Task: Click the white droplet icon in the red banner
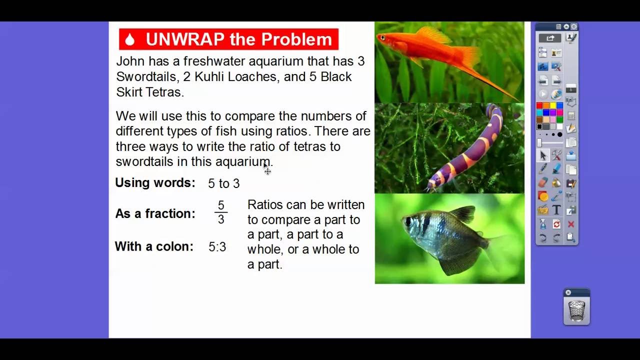coord(130,39)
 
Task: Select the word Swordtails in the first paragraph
coord(144,77)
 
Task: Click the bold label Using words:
coord(155,183)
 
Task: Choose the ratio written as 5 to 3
coord(223,184)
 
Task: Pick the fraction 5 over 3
coord(221,213)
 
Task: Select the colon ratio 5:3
coord(217,247)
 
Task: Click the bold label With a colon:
coord(154,246)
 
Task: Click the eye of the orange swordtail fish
coord(383,37)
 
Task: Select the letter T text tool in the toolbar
coord(556,210)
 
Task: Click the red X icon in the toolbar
coord(571,224)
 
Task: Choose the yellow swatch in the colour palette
coord(552,105)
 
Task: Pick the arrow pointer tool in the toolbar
coord(543,156)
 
